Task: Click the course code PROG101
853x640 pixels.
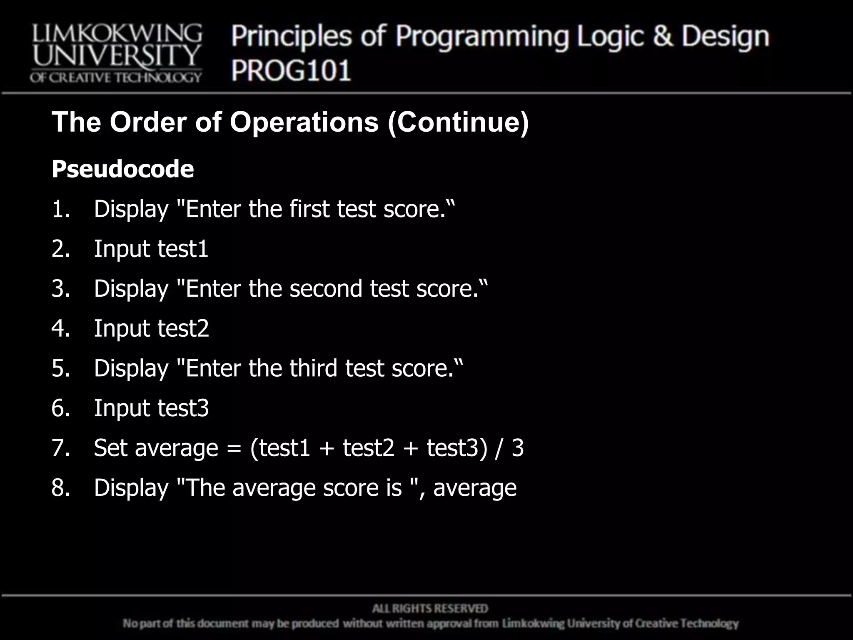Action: [291, 70]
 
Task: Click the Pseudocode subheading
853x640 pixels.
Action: [123, 169]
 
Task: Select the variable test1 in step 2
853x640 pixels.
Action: [182, 249]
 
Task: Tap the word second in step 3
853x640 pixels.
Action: [326, 288]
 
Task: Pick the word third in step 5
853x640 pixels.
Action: [313, 368]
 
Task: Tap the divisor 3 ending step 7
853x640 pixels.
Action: [517, 448]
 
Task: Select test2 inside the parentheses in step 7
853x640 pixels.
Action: [368, 448]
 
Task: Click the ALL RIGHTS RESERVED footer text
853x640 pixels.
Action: [430, 609]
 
